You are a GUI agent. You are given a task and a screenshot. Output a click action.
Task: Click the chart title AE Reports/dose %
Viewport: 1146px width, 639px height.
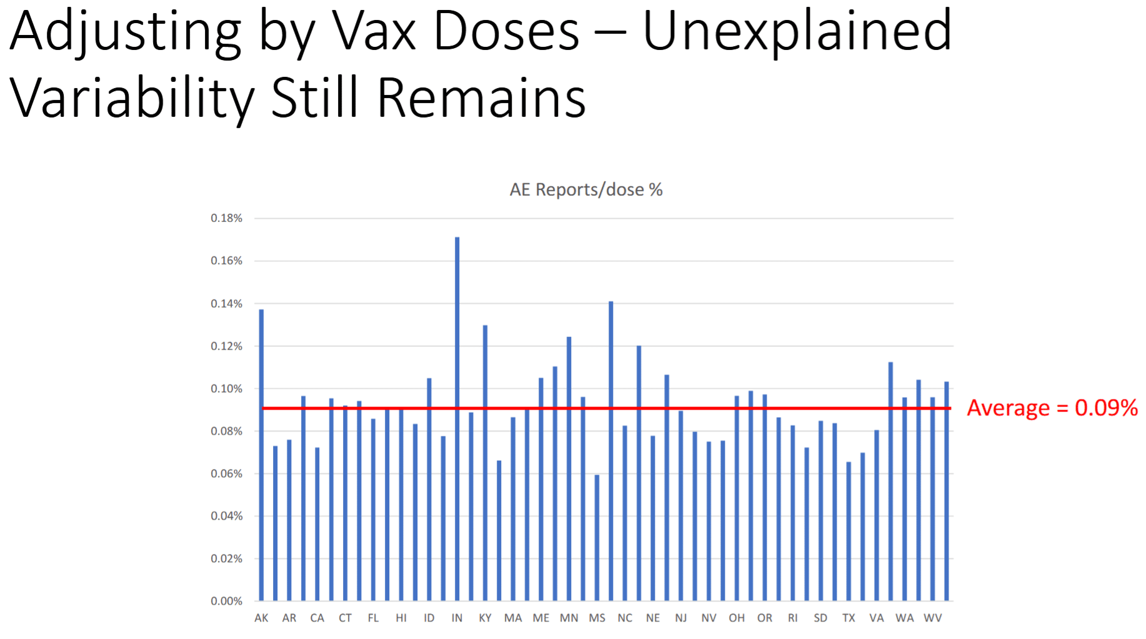pyautogui.click(x=585, y=189)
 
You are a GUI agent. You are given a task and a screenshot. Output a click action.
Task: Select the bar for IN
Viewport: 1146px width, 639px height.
pyautogui.click(x=457, y=419)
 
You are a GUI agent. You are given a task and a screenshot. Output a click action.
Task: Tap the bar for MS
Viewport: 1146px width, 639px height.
pyautogui.click(x=597, y=538)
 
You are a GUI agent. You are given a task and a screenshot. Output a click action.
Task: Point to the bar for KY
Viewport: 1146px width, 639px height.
pyautogui.click(x=485, y=463)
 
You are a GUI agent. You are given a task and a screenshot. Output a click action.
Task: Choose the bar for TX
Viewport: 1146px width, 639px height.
pyautogui.click(x=849, y=531)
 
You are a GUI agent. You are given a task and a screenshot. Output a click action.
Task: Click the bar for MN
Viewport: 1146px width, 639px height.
pyautogui.click(x=569, y=469)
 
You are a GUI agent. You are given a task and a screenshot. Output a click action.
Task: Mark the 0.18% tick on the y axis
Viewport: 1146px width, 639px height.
pyautogui.click(x=226, y=218)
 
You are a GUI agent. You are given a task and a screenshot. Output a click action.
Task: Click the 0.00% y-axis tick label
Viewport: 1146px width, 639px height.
pyautogui.click(x=226, y=601)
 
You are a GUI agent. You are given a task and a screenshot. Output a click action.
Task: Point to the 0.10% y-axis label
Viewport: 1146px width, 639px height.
pyautogui.click(x=226, y=388)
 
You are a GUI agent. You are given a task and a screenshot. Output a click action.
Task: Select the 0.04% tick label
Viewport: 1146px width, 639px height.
pyautogui.click(x=226, y=516)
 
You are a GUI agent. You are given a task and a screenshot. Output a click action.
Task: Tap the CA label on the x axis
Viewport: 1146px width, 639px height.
pyautogui.click(x=317, y=618)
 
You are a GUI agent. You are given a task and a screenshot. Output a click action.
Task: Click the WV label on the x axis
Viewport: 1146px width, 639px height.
pyautogui.click(x=932, y=618)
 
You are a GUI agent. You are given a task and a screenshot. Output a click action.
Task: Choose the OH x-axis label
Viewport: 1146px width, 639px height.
pyautogui.click(x=737, y=618)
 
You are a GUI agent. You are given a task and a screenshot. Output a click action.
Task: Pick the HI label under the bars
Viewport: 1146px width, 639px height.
pyautogui.click(x=401, y=618)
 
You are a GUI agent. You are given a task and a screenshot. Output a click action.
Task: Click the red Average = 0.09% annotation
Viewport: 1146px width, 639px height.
pyautogui.click(x=1052, y=408)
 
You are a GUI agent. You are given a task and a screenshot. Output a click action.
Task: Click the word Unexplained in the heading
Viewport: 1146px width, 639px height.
pyautogui.click(x=797, y=31)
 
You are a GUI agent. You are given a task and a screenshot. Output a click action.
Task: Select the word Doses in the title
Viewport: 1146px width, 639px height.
pyautogui.click(x=506, y=31)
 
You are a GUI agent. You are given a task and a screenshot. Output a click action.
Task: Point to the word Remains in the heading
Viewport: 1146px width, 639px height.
pyautogui.click(x=481, y=98)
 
